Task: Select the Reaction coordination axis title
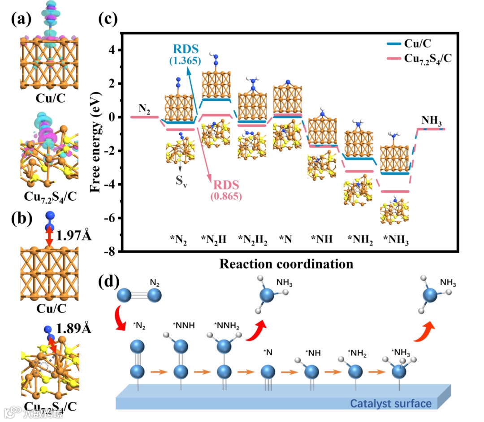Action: [x=286, y=264]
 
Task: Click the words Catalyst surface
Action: [x=391, y=403]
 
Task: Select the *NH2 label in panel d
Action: [x=358, y=342]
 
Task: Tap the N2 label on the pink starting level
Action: [x=144, y=108]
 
